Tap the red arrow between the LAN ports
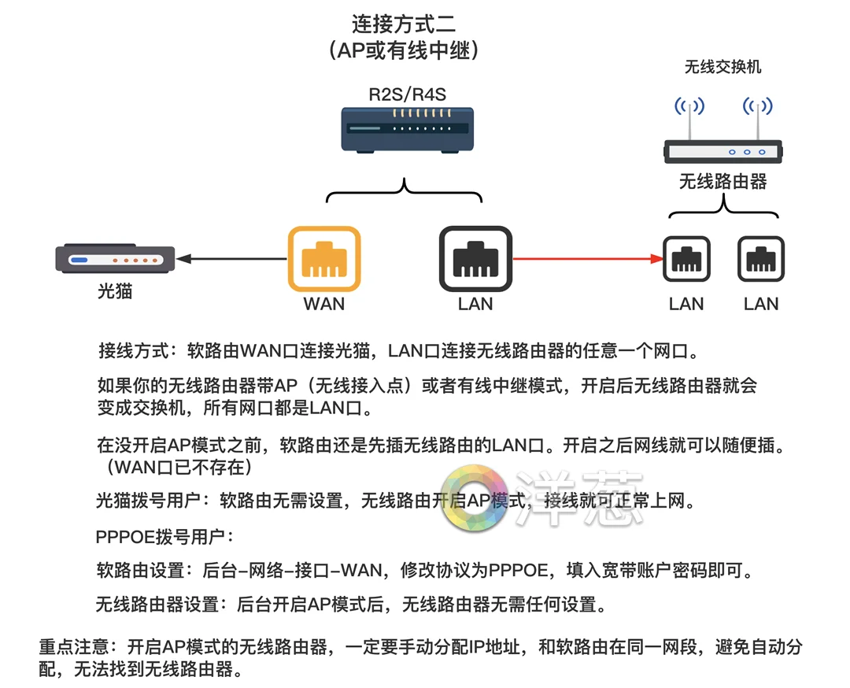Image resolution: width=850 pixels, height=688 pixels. tap(586, 258)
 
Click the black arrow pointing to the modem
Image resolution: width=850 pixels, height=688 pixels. tap(231, 258)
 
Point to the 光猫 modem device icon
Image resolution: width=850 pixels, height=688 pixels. tap(114, 259)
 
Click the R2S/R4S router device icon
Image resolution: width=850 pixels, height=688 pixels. tap(407, 129)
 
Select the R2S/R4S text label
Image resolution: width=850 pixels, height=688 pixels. tap(407, 95)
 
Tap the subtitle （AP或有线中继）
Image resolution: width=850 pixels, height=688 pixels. tap(404, 50)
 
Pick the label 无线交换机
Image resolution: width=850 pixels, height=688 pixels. tap(722, 67)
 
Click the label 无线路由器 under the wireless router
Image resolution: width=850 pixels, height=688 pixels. tap(722, 182)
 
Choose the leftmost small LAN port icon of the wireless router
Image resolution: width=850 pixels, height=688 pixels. tap(686, 259)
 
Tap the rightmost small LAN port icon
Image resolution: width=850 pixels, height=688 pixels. tap(761, 259)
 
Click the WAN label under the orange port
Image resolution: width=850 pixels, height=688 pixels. tap(324, 304)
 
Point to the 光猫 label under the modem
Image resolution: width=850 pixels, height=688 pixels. tap(115, 291)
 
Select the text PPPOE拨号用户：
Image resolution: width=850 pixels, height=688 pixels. tap(164, 537)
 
